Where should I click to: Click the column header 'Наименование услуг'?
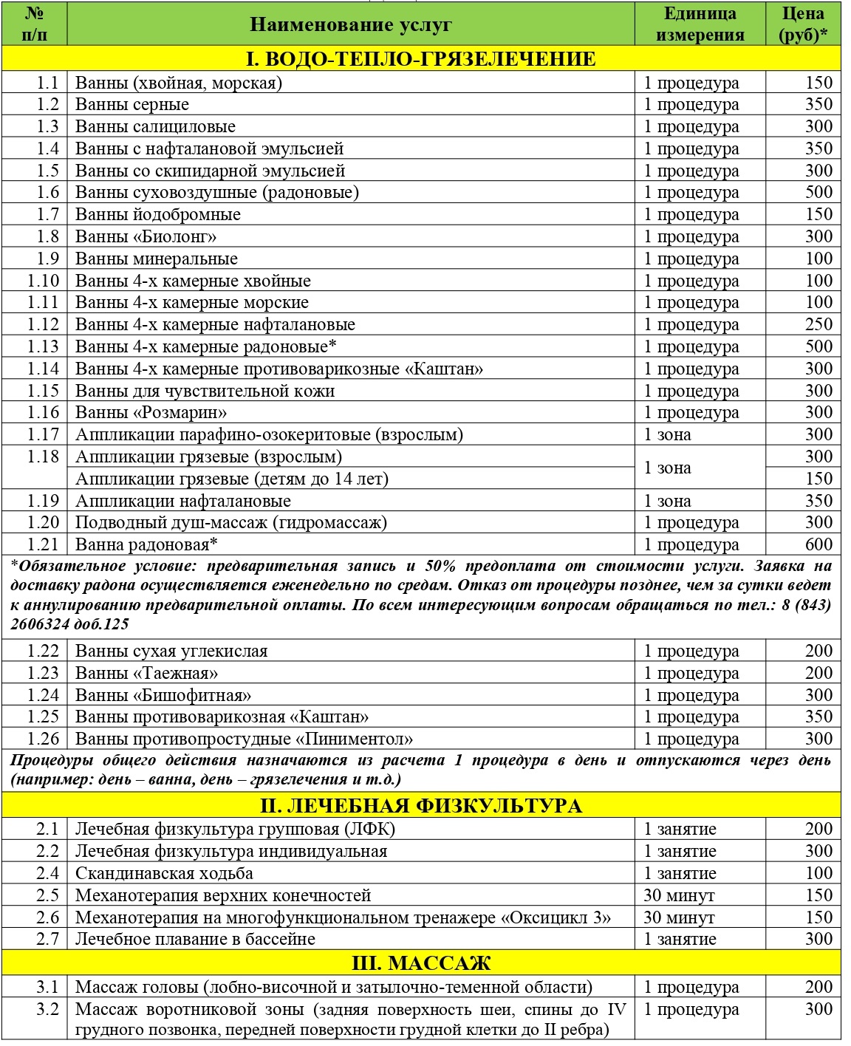tap(350, 24)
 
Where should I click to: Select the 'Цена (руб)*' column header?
tap(802, 24)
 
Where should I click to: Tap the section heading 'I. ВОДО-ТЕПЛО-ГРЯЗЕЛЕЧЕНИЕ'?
tap(420, 59)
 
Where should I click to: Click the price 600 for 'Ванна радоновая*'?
tap(818, 544)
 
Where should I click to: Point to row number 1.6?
tap(47, 193)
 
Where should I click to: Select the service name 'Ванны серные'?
tap(132, 105)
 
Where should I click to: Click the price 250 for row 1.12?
tap(818, 324)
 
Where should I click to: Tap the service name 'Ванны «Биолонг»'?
tap(146, 237)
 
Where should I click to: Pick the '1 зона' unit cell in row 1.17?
tap(667, 434)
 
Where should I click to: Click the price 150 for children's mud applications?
tap(818, 479)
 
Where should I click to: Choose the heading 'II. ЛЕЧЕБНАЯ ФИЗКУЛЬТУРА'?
tap(420, 805)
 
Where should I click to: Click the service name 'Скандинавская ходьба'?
tap(164, 873)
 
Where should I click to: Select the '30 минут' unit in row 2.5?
tap(679, 895)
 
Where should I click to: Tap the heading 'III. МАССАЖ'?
tap(420, 963)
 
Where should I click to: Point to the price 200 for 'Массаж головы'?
tap(818, 987)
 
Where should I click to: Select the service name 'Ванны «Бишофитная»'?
tap(163, 695)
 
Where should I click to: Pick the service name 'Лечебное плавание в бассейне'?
tap(195, 939)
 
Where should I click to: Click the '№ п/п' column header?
tap(34, 24)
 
